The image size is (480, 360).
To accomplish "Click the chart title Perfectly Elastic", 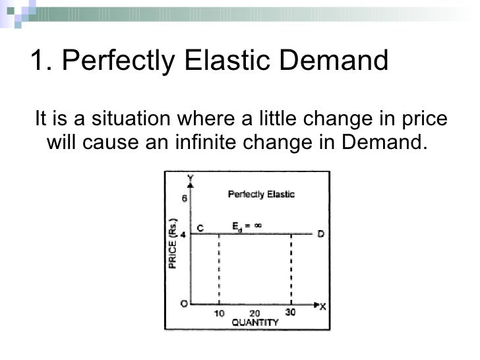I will coord(261,195).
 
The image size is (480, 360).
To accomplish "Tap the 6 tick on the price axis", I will coord(185,198).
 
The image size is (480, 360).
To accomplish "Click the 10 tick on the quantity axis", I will coord(219,313).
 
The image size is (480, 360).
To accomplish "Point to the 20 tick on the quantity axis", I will coord(255,313).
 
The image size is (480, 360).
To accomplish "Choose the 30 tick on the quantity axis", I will coord(290,312).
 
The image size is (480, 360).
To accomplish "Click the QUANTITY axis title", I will coord(255,322).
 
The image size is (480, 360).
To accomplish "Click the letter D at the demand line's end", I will coord(320,233).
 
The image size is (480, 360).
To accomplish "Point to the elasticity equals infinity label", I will coord(247,226).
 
